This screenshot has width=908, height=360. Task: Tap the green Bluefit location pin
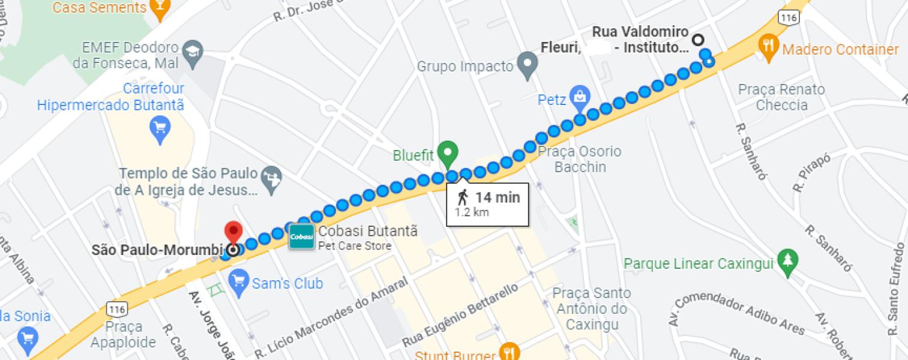click(x=447, y=153)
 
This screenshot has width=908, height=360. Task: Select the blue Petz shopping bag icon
click(x=580, y=96)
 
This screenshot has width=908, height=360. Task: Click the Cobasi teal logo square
click(x=301, y=238)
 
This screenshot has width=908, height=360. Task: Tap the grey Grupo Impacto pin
click(x=527, y=64)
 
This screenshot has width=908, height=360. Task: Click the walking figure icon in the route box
click(x=462, y=197)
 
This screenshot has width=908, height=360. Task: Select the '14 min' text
click(x=498, y=197)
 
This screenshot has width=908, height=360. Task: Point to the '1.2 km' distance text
click(x=471, y=212)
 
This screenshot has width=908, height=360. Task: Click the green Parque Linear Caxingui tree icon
click(x=786, y=261)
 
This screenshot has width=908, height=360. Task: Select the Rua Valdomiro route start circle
click(x=698, y=40)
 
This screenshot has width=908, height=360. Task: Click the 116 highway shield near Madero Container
click(x=789, y=17)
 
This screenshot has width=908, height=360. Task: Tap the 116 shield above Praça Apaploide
click(x=116, y=308)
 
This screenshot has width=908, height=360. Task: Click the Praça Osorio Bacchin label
click(x=579, y=159)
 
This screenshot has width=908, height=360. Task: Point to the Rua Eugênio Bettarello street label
click(x=460, y=314)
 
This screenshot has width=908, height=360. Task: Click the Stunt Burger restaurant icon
click(x=510, y=352)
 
